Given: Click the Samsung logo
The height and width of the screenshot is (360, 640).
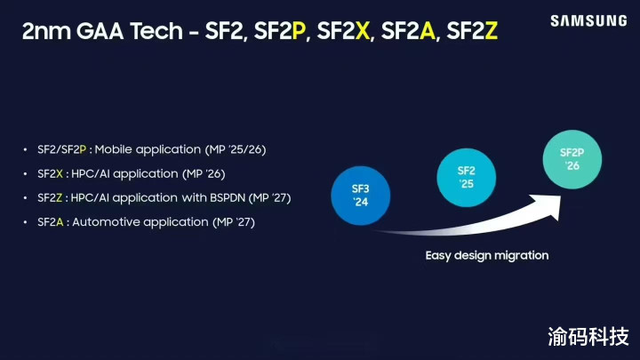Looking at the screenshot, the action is [588, 20].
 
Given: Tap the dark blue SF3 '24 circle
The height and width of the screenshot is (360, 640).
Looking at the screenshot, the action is [360, 196].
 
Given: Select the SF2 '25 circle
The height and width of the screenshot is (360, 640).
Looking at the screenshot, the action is [466, 178].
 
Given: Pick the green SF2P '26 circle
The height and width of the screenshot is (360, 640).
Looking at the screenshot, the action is [572, 159].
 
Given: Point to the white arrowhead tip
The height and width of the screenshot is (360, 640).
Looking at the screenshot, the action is [562, 196].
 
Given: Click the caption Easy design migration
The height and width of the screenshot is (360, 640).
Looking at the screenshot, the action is [487, 255].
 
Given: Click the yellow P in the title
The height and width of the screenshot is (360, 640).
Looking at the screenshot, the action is [299, 31].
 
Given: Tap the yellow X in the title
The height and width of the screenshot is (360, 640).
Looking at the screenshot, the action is [362, 31].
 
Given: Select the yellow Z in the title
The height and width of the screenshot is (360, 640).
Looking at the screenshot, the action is [491, 31].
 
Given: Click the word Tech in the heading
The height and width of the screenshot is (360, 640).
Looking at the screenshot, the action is [156, 31].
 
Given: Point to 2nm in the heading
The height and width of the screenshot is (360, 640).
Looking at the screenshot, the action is [45, 31].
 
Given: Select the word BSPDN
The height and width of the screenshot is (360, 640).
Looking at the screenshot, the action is [228, 198].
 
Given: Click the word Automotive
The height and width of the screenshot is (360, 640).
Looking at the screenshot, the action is [106, 222].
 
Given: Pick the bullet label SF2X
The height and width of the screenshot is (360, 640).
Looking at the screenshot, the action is [50, 174].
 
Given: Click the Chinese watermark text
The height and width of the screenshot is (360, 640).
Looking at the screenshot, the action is [588, 336].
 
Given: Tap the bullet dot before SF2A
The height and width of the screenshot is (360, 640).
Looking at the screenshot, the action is [25, 222].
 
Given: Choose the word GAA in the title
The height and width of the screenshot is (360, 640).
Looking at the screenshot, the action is [100, 31].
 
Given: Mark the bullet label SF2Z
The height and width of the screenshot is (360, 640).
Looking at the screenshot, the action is [50, 198].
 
